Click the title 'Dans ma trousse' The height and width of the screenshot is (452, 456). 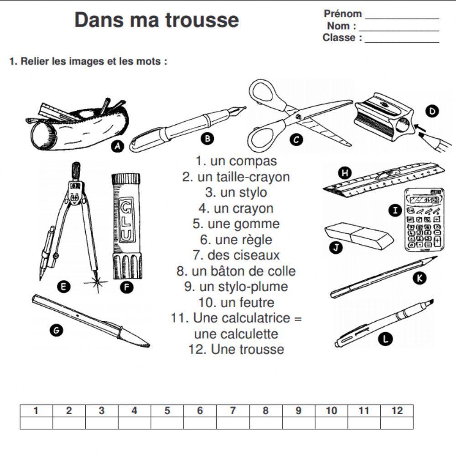point(156,20)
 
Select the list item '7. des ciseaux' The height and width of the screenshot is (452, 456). point(236,255)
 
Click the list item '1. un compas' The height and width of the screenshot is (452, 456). point(236,161)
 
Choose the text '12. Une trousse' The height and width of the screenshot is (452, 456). point(236,349)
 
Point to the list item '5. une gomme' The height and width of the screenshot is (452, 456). point(236,224)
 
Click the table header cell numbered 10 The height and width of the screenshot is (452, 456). point(332,411)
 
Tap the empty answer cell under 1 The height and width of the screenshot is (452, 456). point(36,423)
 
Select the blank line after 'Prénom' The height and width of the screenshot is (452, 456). point(402,17)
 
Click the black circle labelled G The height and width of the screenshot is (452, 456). point(56,331)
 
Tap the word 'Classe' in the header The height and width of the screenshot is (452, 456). point(339,38)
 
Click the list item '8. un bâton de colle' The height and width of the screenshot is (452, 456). point(236,271)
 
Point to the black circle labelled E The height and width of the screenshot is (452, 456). point(64,287)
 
